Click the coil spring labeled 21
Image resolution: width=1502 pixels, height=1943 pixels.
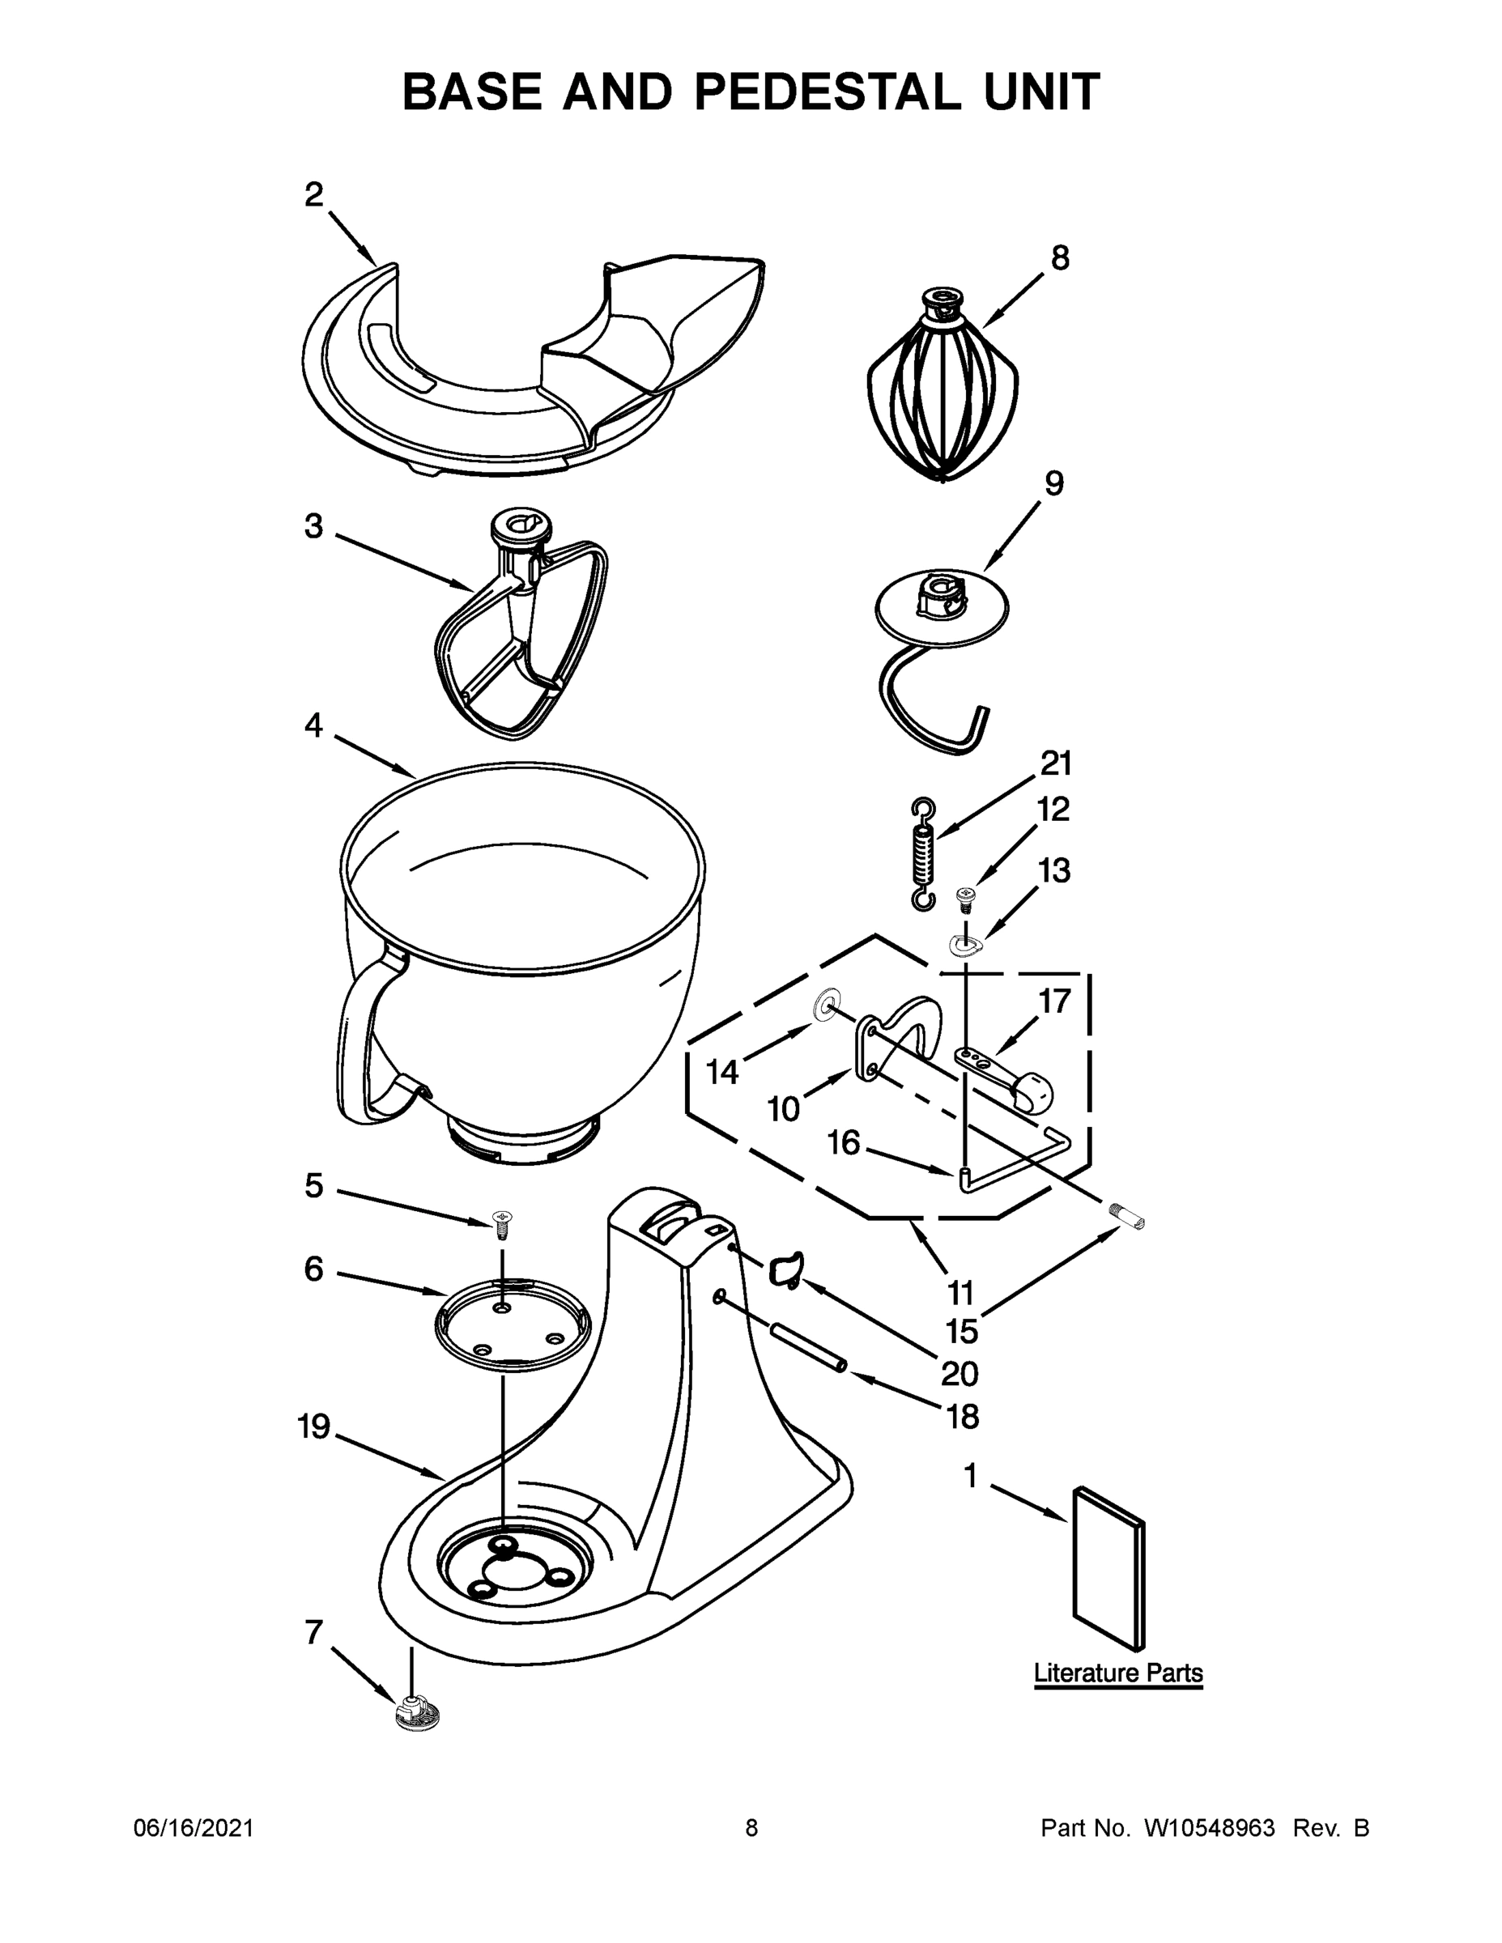924,854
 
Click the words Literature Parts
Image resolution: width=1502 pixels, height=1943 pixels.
1117,1673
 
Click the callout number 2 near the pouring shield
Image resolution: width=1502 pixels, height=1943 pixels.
313,194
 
